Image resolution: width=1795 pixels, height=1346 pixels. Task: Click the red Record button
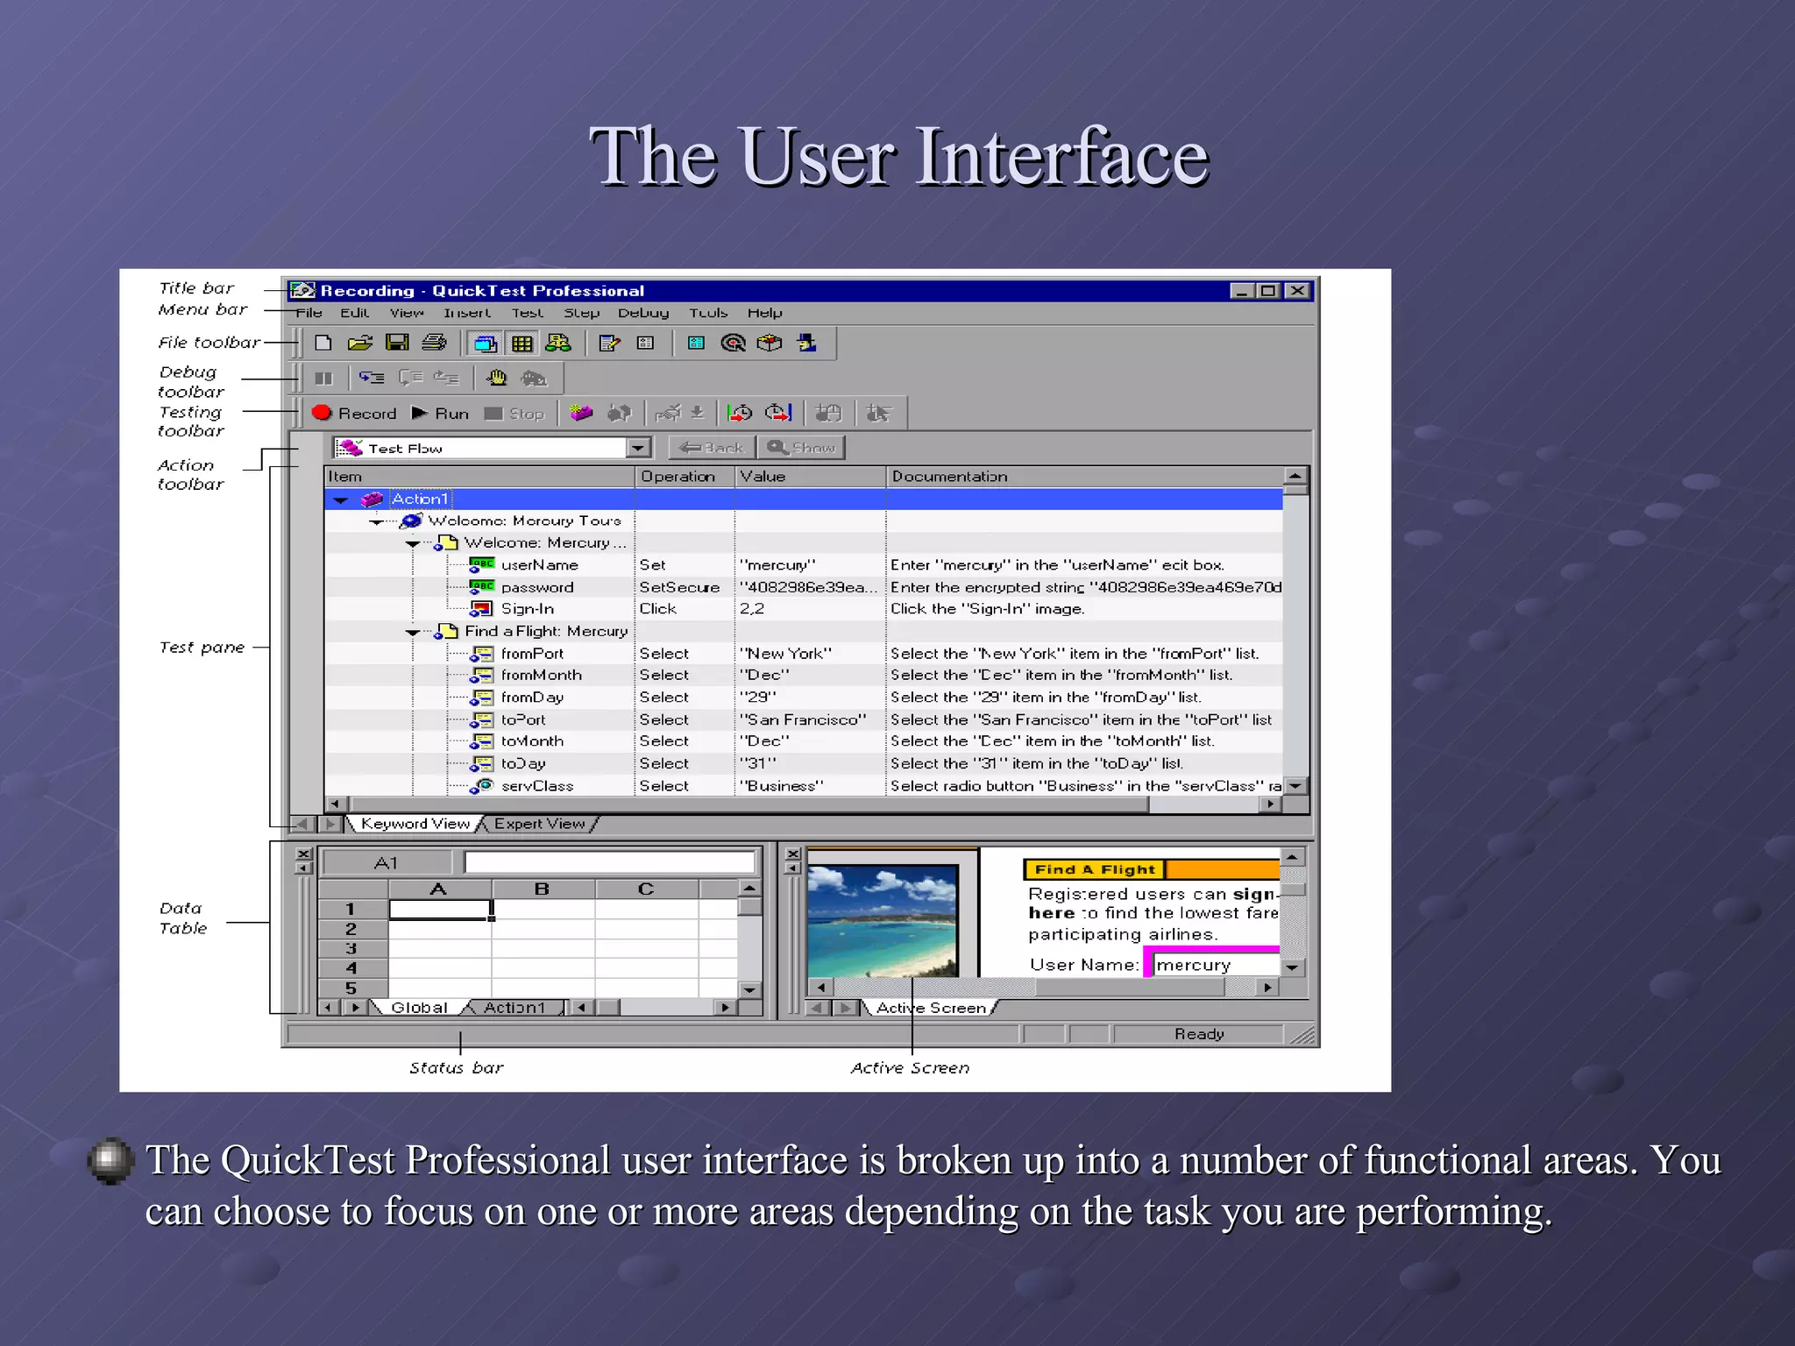pos(354,413)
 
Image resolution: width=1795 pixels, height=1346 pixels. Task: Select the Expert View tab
pos(539,824)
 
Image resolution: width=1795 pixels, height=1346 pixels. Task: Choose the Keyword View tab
pos(415,824)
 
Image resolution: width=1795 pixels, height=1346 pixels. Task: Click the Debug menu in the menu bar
pos(642,313)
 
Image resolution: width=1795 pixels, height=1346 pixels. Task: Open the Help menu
pos(764,313)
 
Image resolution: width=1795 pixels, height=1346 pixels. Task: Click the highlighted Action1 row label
pos(420,499)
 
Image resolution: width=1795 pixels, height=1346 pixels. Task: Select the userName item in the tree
pos(539,565)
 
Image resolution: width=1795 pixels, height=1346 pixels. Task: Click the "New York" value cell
pos(785,654)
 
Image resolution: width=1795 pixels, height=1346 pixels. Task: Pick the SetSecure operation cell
pos(679,587)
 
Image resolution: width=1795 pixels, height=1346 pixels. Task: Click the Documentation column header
pos(949,477)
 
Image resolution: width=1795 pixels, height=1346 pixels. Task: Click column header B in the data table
pos(542,889)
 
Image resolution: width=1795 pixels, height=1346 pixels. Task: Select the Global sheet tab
pos(419,1008)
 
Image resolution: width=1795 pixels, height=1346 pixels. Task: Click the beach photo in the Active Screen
pos(882,920)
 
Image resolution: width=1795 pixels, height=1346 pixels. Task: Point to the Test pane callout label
pos(202,648)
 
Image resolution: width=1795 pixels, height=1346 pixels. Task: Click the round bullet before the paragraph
pos(110,1160)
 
